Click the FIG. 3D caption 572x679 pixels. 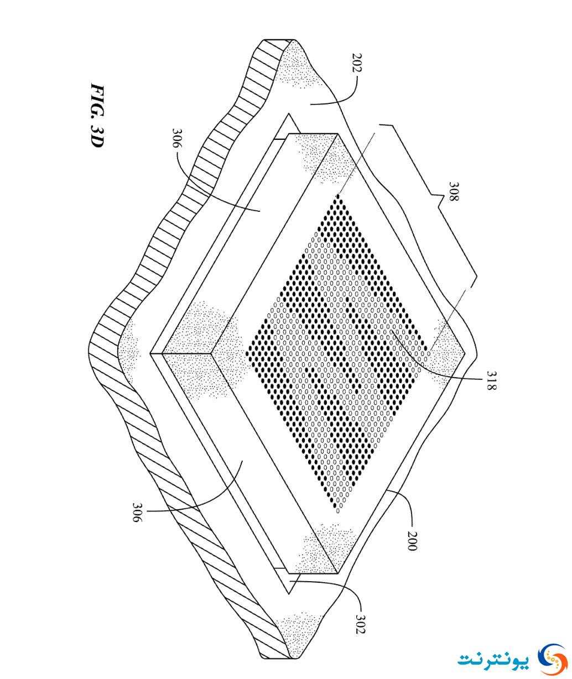pos(97,116)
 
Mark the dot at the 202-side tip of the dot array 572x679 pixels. pos(338,196)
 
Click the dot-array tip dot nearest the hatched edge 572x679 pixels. pos(250,353)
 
